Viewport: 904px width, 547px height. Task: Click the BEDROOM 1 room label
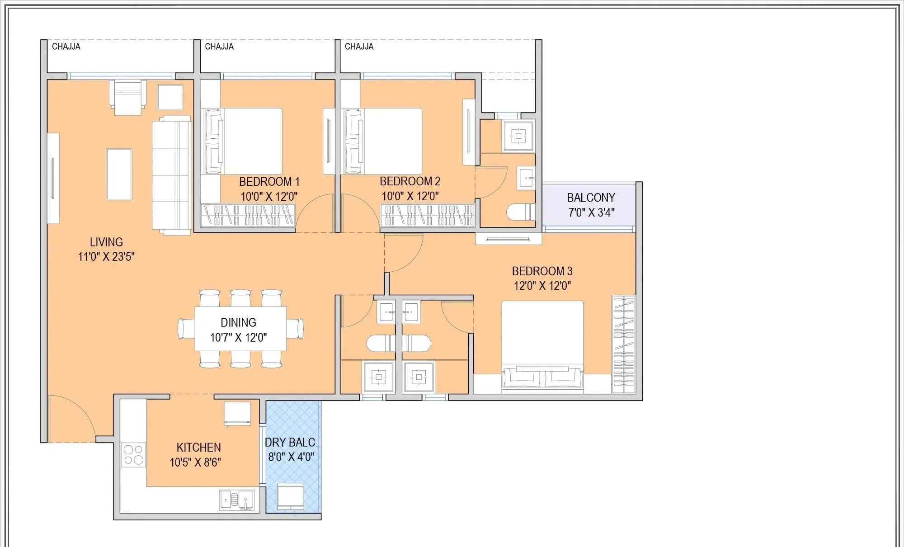pyautogui.click(x=269, y=182)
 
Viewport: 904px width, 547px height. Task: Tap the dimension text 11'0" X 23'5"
pyautogui.click(x=106, y=257)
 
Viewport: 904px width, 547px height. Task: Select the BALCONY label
pyautogui.click(x=591, y=198)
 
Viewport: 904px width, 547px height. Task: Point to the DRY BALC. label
pyautogui.click(x=291, y=442)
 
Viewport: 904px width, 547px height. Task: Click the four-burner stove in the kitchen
pyautogui.click(x=133, y=455)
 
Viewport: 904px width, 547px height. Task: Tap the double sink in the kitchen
pyautogui.click(x=237, y=500)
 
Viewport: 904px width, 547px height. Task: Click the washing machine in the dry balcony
pyautogui.click(x=290, y=496)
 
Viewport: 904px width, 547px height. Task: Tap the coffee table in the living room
pyautogui.click(x=119, y=174)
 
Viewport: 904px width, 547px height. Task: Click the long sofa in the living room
pyautogui.click(x=171, y=175)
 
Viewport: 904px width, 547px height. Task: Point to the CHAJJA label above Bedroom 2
pyautogui.click(x=359, y=47)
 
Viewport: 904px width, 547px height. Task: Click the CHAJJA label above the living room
pyautogui.click(x=66, y=47)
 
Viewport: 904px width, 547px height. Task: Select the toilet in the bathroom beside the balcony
pyautogui.click(x=520, y=212)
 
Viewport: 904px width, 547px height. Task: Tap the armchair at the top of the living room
pyautogui.click(x=128, y=97)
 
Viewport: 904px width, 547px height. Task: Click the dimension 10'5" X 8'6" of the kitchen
pyautogui.click(x=195, y=462)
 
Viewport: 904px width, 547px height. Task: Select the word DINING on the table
pyautogui.click(x=238, y=322)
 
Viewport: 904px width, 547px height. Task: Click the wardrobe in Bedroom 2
pyautogui.click(x=427, y=215)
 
